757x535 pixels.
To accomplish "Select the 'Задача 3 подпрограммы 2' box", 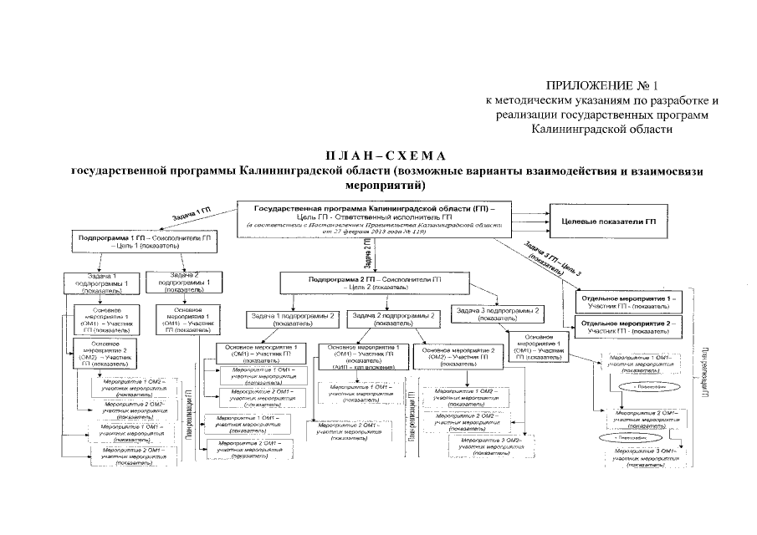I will [x=500, y=313].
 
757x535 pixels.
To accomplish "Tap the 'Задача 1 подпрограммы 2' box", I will [x=290, y=318].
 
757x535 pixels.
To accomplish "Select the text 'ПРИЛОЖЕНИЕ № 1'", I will [x=602, y=85].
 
